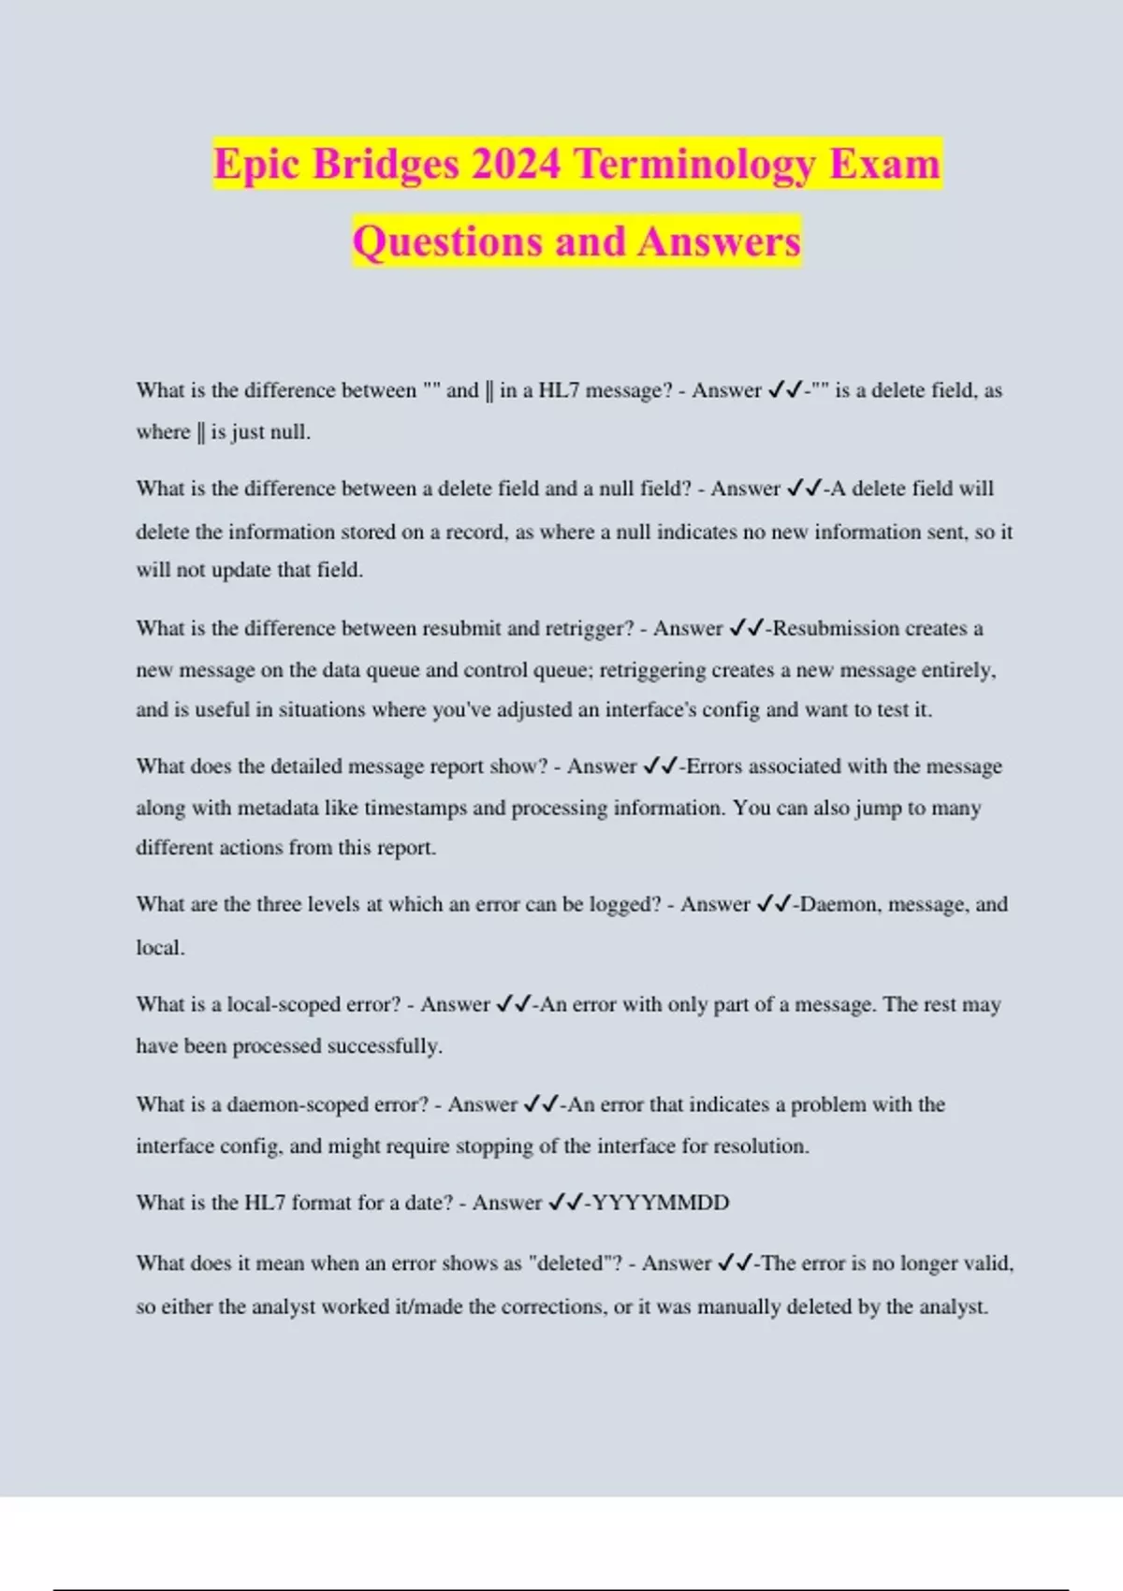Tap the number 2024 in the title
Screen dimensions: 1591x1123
point(516,165)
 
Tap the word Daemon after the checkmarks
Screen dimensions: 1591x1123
point(838,904)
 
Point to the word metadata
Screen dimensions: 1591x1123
point(273,808)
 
